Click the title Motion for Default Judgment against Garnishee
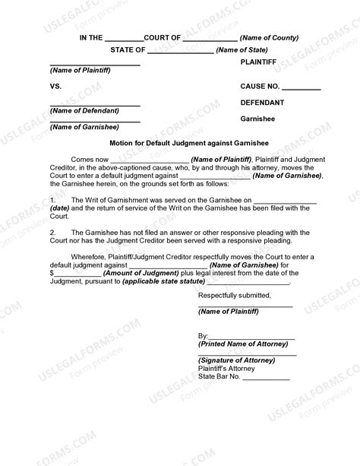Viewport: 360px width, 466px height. [179, 141]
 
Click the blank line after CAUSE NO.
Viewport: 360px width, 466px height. [301, 89]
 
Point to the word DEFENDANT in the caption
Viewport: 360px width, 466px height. [263, 102]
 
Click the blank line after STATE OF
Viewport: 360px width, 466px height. [180, 52]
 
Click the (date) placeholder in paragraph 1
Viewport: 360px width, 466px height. [60, 207]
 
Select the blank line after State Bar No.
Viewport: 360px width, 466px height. [267, 378]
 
